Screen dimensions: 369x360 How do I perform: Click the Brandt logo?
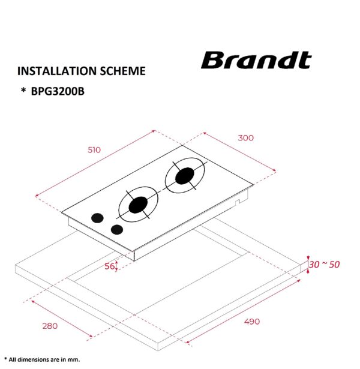pyautogui.click(x=256, y=61)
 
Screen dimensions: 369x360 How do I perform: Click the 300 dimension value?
pyautogui.click(x=246, y=138)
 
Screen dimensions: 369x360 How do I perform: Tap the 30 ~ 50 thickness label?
pyautogui.click(x=324, y=265)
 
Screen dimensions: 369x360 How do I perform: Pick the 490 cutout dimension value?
pyautogui.click(x=252, y=322)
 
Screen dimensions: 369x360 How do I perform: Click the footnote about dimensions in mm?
pyautogui.click(x=40, y=359)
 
